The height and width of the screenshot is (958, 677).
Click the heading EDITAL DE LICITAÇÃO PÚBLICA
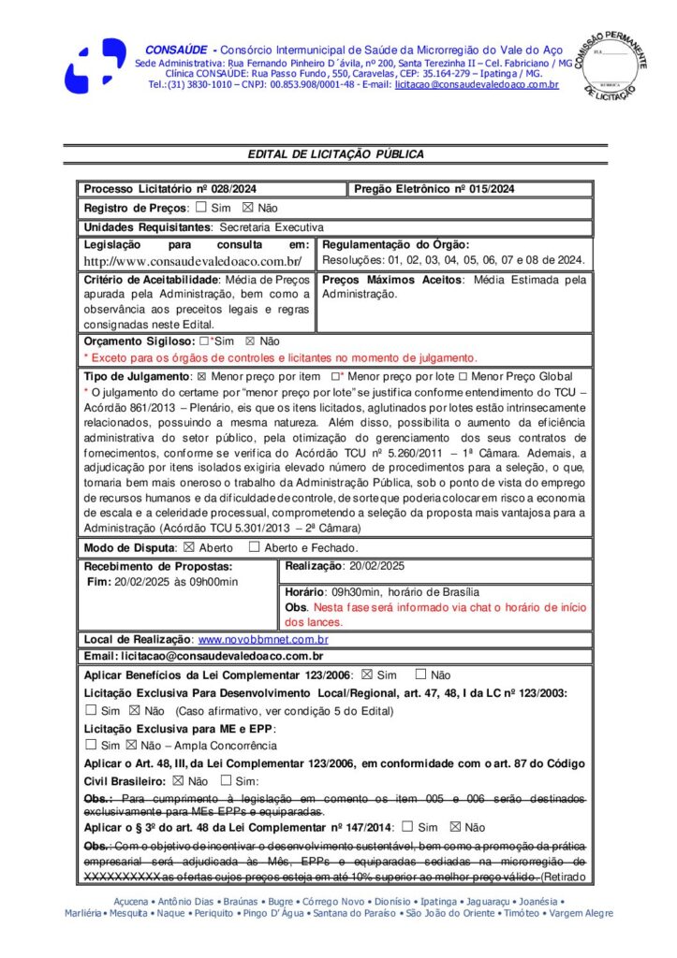(x=335, y=154)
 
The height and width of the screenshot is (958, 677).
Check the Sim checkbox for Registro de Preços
(x=201, y=208)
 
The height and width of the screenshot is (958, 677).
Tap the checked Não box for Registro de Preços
(x=247, y=208)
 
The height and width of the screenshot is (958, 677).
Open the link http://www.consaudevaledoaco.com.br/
(x=192, y=261)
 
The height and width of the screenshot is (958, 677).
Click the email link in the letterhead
(x=477, y=85)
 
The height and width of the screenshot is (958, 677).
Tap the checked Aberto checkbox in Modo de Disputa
(x=188, y=547)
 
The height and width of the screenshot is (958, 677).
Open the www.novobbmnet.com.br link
(x=262, y=640)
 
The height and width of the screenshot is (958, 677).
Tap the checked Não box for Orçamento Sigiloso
(x=249, y=341)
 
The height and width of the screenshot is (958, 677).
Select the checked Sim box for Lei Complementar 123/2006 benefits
(x=366, y=675)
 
